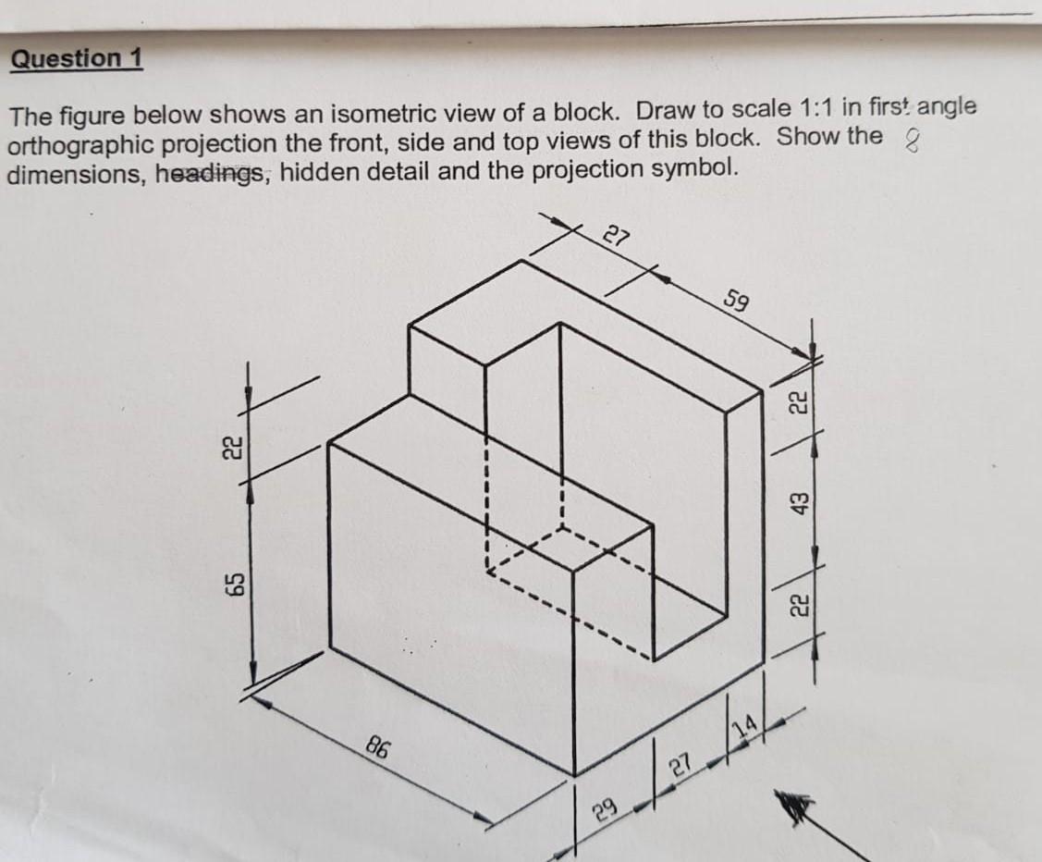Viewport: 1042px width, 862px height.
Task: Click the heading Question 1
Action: [76, 58]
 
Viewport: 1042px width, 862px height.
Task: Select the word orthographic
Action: [82, 144]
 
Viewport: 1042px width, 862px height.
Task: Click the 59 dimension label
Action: [737, 302]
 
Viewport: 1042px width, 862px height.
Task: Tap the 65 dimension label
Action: [236, 585]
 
